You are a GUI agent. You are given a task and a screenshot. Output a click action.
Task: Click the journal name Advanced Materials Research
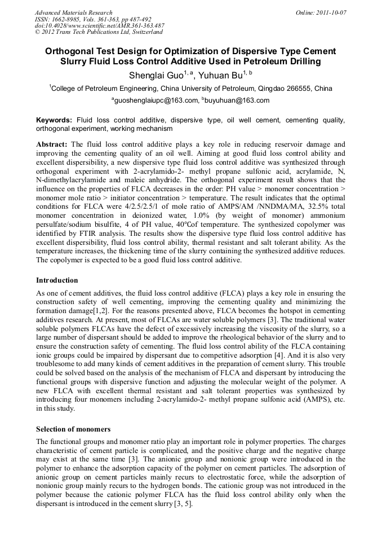73,12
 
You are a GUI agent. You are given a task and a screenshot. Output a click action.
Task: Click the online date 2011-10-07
331,12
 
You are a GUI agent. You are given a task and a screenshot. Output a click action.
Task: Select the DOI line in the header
99,26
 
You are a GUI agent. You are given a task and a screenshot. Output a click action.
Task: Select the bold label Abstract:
52,144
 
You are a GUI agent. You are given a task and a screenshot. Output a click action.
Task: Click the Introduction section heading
57,280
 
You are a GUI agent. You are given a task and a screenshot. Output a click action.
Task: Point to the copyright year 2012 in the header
50,33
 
